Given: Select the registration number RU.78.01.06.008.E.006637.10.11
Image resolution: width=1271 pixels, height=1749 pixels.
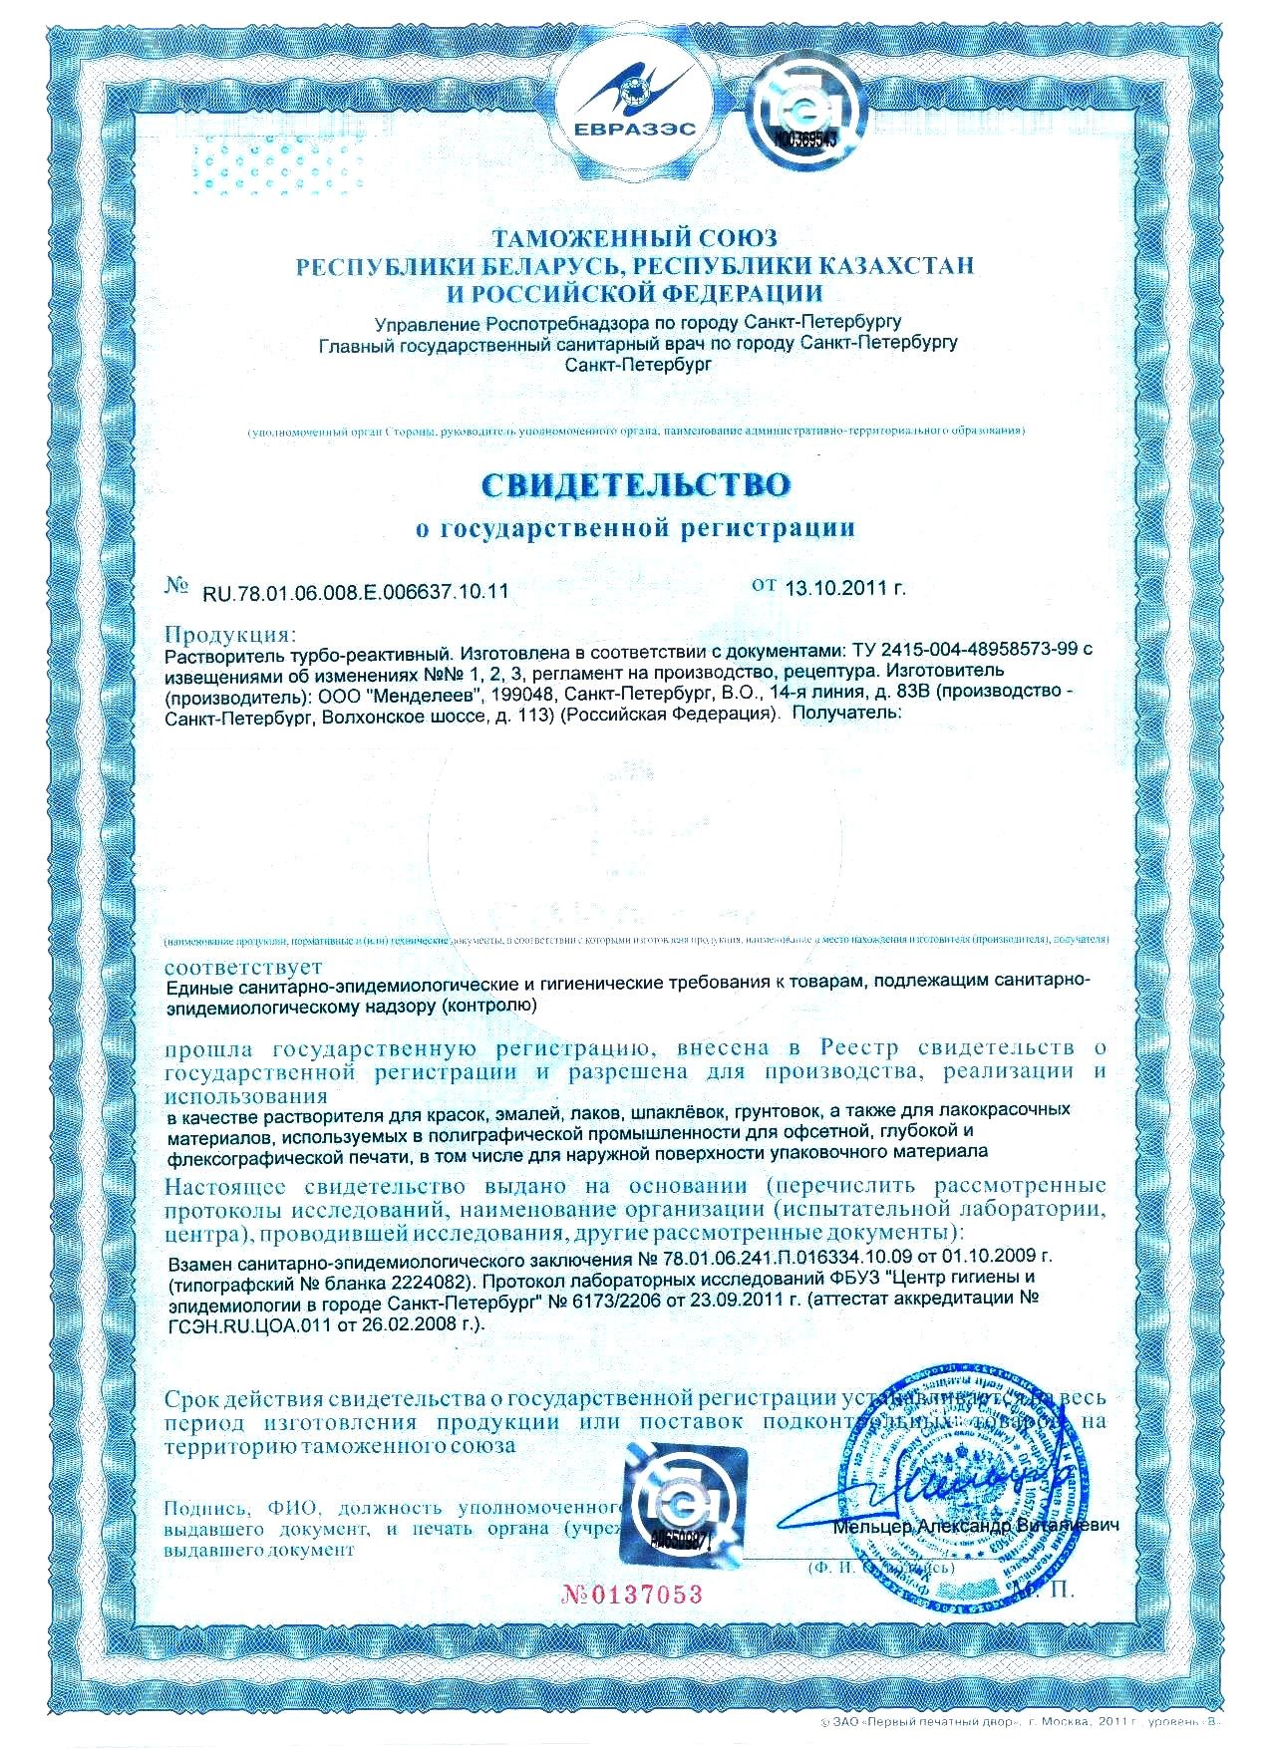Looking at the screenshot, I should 355,591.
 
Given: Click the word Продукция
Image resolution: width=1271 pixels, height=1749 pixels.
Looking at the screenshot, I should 229,634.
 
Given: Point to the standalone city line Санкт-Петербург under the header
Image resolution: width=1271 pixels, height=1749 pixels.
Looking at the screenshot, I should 636,366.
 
